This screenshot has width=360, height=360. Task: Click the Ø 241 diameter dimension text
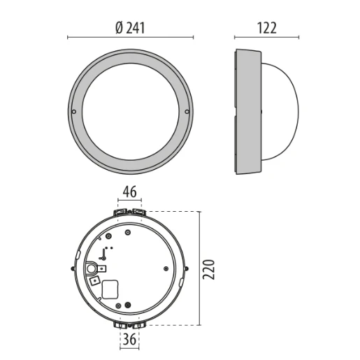[x=131, y=27]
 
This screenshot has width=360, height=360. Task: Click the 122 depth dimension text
[x=266, y=27]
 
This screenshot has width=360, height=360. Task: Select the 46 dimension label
[x=129, y=190]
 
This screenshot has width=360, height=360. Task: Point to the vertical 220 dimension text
[x=213, y=268]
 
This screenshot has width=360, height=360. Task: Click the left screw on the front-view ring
[x=74, y=112]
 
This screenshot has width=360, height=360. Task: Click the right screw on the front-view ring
[x=187, y=112]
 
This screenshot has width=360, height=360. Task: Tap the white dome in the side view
[x=283, y=112]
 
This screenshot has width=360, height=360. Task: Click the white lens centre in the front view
[x=130, y=112]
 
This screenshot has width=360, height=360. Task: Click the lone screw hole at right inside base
[x=165, y=267]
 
